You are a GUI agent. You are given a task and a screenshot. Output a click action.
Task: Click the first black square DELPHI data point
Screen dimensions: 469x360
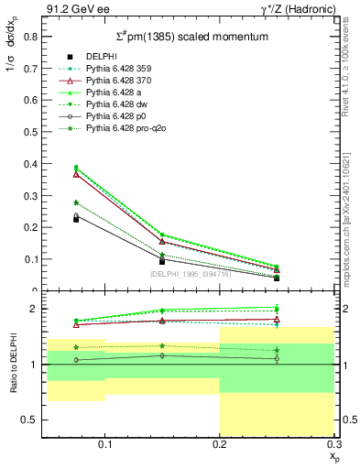click(76, 219)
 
